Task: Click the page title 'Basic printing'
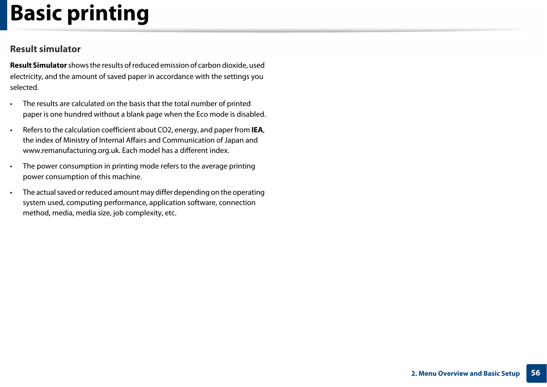click(x=79, y=14)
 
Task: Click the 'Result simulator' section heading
click(x=45, y=49)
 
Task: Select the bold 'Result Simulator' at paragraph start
click(x=38, y=65)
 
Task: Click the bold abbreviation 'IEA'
click(x=257, y=130)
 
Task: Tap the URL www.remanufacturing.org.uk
click(x=71, y=150)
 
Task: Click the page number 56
click(x=535, y=373)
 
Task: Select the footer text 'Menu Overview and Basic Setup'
click(x=469, y=374)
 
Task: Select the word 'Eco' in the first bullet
click(x=202, y=114)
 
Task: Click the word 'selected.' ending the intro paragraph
click(x=24, y=87)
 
